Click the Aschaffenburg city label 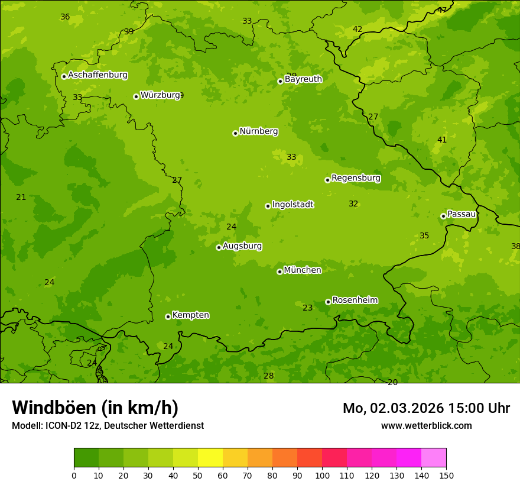(97, 75)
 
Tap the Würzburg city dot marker (136, 96)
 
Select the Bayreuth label (303, 79)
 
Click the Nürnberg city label (258, 131)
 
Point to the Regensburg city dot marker (327, 180)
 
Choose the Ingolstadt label (292, 205)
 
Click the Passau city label (461, 214)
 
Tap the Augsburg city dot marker (219, 247)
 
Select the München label (303, 270)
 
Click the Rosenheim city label (355, 301)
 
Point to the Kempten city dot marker (168, 316)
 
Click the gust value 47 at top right (442, 10)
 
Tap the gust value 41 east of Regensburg (442, 140)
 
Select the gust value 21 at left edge (21, 197)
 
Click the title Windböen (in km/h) (95, 408)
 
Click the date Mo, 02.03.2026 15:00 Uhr (426, 408)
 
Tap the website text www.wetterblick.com (426, 425)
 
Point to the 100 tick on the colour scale (322, 475)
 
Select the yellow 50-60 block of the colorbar (210, 458)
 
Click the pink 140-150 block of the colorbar (434, 458)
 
